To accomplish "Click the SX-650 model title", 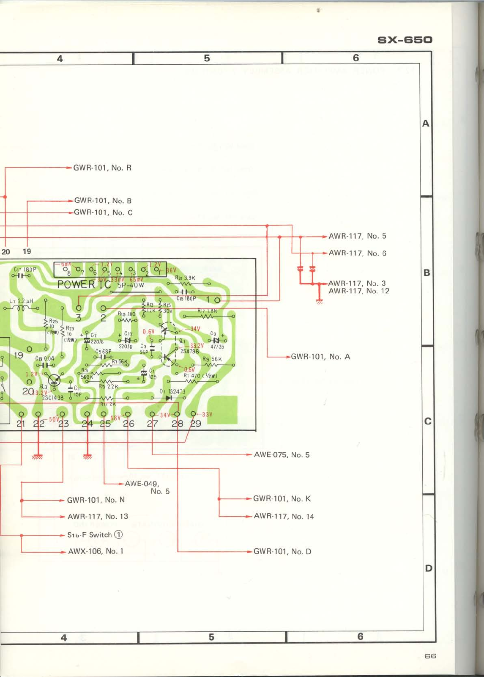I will (x=405, y=40).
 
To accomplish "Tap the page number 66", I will (x=430, y=656).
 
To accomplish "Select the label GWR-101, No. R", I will (x=102, y=168).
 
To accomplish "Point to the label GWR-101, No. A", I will (x=320, y=357).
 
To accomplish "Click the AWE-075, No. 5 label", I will (x=282, y=455).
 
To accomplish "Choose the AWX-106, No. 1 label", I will (x=96, y=551).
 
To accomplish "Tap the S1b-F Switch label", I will (x=95, y=535).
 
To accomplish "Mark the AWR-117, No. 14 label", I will (x=284, y=516).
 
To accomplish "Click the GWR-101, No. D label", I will (x=282, y=551).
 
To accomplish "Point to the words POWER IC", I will (x=84, y=284).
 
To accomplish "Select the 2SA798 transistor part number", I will (x=189, y=351).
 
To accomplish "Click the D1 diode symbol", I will (x=169, y=398).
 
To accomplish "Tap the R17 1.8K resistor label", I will (x=207, y=311).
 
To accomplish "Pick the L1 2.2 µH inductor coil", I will (x=21, y=308).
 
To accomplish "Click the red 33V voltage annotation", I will (x=207, y=414).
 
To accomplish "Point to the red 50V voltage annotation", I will (x=54, y=419).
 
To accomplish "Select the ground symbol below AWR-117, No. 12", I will (x=320, y=301).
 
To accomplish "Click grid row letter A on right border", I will (x=426, y=124).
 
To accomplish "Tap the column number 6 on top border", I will (x=356, y=58).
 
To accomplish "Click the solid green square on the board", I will (x=223, y=410).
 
